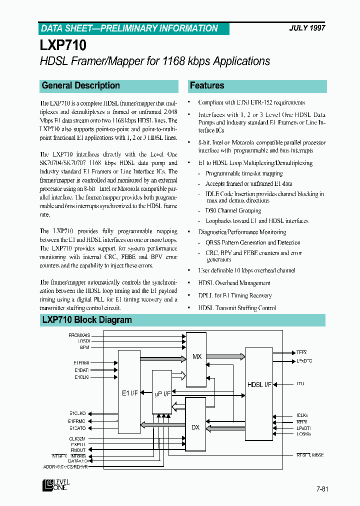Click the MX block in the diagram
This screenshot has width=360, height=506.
[197, 356]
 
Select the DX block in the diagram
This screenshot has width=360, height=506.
[195, 427]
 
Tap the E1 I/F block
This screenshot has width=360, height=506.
[129, 393]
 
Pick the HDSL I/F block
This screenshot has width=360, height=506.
[259, 384]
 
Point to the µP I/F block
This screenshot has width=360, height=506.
[161, 393]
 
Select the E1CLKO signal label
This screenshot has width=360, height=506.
[77, 413]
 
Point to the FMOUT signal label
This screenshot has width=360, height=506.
[78, 449]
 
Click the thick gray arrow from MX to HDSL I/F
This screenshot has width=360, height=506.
[225, 356]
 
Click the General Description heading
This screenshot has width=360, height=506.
[81, 85]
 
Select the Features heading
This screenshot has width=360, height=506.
[207, 85]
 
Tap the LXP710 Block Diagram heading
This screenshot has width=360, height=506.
[87, 320]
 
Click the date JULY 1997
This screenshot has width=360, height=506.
[307, 28]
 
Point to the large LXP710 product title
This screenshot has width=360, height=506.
[63, 45]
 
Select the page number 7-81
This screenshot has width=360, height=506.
[322, 488]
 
